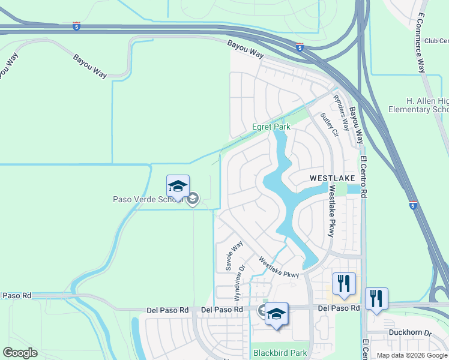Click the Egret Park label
click(x=271, y=127)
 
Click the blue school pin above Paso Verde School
click(x=178, y=187)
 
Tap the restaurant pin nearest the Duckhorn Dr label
click(x=376, y=298)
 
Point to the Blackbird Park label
click(x=280, y=353)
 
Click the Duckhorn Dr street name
click(x=410, y=332)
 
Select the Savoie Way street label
click(x=234, y=256)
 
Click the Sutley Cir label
click(x=329, y=124)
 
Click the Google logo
click(x=20, y=353)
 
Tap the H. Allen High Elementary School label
click(x=418, y=105)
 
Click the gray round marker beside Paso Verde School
click(x=193, y=199)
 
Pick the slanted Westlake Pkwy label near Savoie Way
click(x=279, y=267)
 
